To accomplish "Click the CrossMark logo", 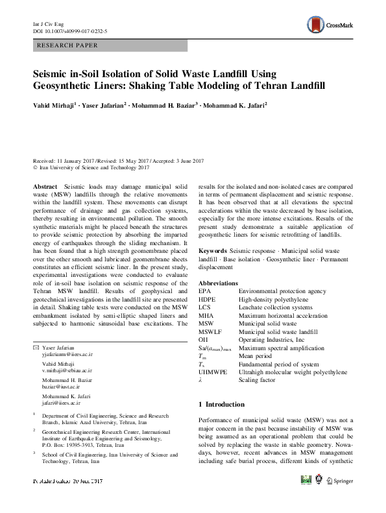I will click(x=331, y=25).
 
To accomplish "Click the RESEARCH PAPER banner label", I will click(x=69, y=45).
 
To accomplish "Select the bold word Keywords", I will click(x=212, y=250).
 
